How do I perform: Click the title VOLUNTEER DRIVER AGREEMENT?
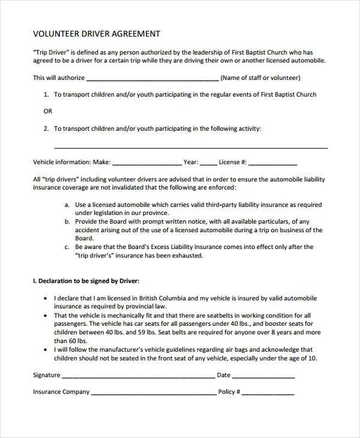click(x=96, y=34)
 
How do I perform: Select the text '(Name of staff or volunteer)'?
click(x=260, y=78)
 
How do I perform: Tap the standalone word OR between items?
click(x=48, y=112)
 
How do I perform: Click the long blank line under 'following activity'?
click(x=191, y=147)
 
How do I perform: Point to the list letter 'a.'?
click(x=67, y=204)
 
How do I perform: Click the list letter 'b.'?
click(x=67, y=221)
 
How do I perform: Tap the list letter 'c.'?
click(x=67, y=247)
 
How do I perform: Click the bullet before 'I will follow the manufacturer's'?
click(x=47, y=349)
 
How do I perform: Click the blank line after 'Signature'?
click(x=138, y=377)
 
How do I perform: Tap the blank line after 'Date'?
click(x=263, y=377)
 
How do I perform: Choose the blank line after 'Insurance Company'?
click(x=154, y=394)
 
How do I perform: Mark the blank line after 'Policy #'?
click(x=268, y=394)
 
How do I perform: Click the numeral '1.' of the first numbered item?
click(x=46, y=95)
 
